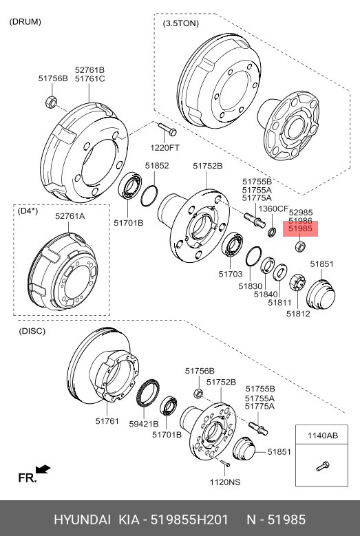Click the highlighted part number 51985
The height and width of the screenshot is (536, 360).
coord(300,229)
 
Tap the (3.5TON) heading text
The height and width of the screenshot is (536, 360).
coord(181,23)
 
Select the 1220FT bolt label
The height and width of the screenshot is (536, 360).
coord(165,148)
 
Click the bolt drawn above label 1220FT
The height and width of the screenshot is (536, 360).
coord(167,129)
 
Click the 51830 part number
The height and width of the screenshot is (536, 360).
coord(251,286)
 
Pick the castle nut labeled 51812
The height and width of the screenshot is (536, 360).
coord(297,282)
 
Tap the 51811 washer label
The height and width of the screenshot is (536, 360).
coord(279,303)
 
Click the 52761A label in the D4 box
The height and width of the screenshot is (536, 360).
coord(70,216)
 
